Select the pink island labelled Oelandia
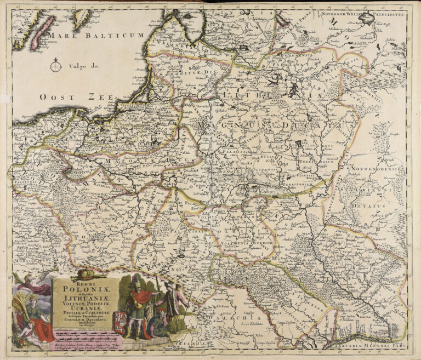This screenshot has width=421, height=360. pos(43,33)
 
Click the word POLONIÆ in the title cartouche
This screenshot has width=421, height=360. pos(81,290)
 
